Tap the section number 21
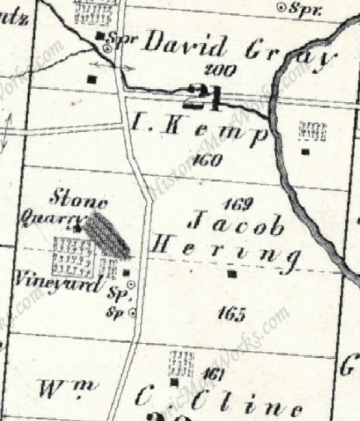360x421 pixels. (204, 96)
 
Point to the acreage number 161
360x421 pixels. (213, 375)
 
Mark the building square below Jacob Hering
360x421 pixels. (232, 274)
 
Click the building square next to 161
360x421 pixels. (175, 381)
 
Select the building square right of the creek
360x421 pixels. (305, 151)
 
